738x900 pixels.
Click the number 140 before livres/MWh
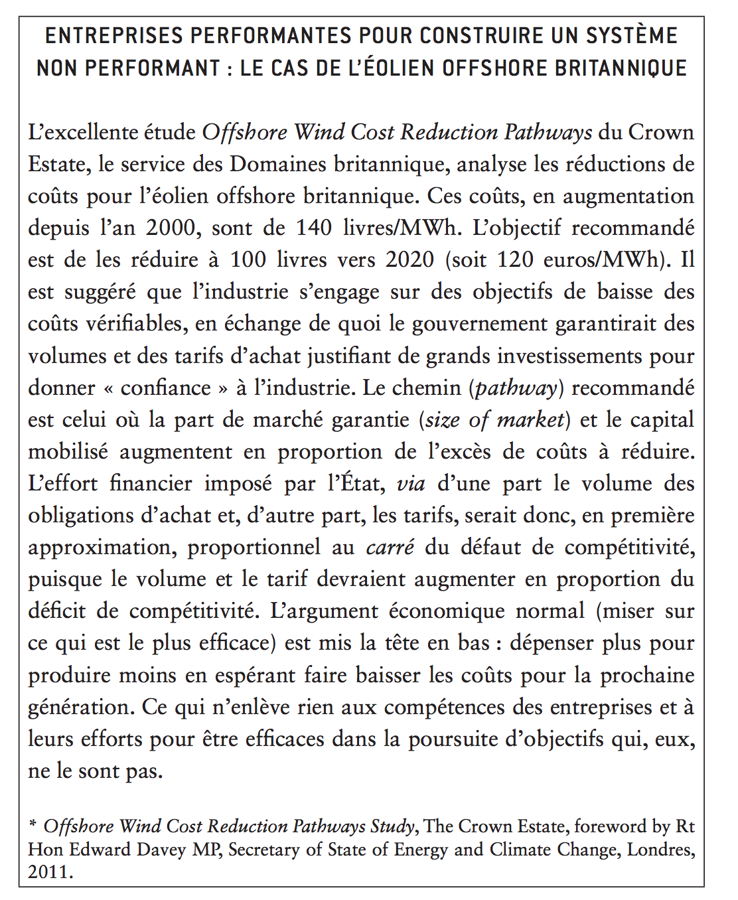(x=314, y=228)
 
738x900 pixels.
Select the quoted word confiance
(x=165, y=388)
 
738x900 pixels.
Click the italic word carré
(x=390, y=548)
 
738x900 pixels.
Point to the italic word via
(x=411, y=483)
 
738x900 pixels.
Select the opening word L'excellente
(x=82, y=132)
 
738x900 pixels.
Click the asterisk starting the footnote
(x=33, y=825)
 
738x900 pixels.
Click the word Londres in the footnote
(x=660, y=850)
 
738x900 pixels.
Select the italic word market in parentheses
(x=531, y=419)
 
